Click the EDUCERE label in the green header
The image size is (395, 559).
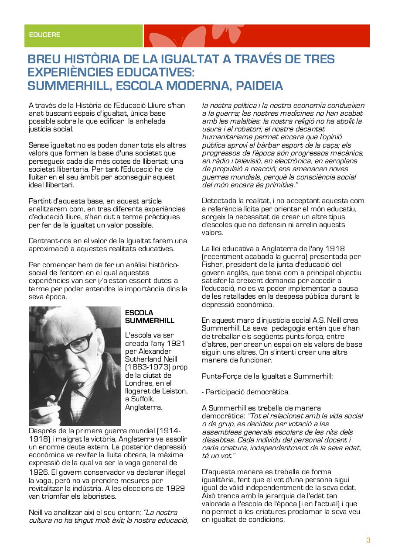[44, 35]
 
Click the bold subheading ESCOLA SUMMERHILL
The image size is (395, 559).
[149, 317]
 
